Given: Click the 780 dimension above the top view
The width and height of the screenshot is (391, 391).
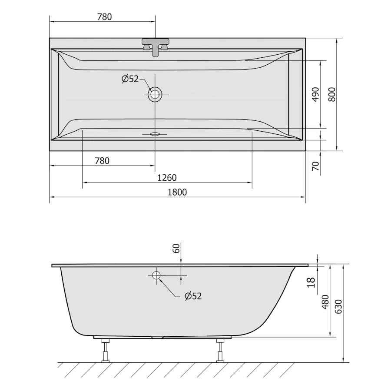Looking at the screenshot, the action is pos(104,17).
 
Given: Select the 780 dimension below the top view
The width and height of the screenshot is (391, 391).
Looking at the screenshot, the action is pos(102,161).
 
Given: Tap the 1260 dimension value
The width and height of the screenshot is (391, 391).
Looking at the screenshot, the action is pos(167,178).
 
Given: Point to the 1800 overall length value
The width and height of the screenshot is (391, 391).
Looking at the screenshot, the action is pos(177,192).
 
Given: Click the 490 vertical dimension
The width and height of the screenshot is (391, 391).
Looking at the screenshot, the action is pos(315,94).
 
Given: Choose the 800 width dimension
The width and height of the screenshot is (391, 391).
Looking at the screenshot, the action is pos(332,94).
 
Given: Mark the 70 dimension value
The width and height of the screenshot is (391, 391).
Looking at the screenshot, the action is pos(315,166).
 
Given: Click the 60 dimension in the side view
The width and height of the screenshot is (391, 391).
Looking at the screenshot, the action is pos(176,249).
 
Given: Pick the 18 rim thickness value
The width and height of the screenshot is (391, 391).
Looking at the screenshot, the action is pos(311,282).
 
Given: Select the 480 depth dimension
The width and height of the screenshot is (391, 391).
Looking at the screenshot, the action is pos(326,302).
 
